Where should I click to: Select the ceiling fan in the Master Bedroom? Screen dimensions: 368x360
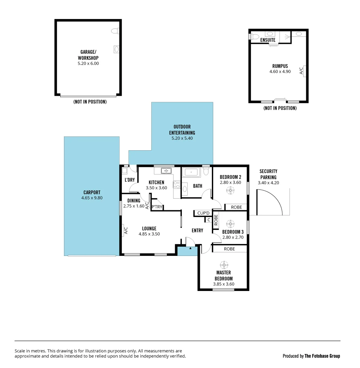(x=224, y=265)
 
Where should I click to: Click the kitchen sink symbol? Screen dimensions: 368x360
(x=166, y=171)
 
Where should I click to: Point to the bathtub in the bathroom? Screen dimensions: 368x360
(x=191, y=172)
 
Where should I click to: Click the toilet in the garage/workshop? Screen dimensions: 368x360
(x=115, y=31)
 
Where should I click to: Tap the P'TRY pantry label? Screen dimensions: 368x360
(x=157, y=207)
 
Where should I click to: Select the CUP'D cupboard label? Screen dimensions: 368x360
(x=203, y=213)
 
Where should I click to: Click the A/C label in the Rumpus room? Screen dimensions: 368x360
(x=301, y=71)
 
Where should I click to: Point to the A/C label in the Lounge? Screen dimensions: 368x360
(x=125, y=231)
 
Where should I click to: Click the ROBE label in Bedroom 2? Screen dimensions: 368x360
(x=236, y=207)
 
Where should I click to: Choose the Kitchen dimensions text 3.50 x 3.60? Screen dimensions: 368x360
(x=156, y=188)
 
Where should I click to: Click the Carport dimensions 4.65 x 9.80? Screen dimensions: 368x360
(x=92, y=198)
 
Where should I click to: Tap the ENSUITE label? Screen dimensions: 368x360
(x=268, y=40)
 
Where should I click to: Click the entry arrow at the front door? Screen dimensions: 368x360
(x=190, y=248)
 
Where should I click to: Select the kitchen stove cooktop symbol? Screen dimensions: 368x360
(x=177, y=185)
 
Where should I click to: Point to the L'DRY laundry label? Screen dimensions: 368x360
(x=130, y=180)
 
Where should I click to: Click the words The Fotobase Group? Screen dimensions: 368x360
(x=322, y=356)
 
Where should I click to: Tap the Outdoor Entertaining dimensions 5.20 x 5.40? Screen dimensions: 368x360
(x=182, y=138)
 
